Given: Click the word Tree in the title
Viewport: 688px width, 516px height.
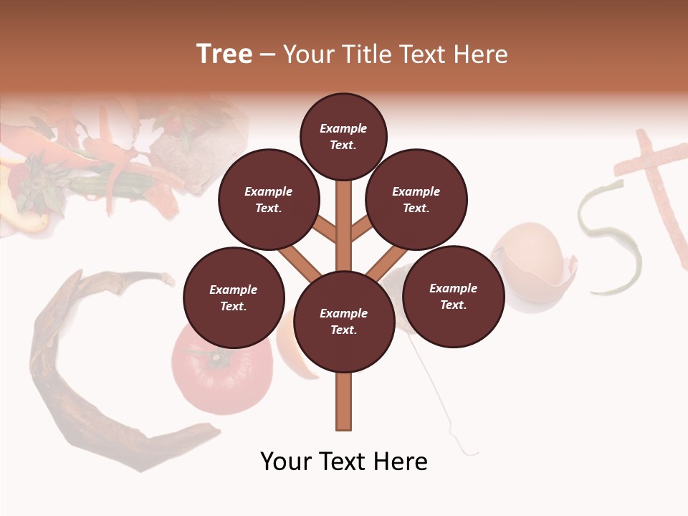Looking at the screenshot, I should [x=224, y=54].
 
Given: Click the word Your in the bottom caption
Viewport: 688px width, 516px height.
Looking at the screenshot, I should [x=287, y=462].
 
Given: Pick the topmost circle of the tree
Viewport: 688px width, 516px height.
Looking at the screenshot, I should [x=343, y=136].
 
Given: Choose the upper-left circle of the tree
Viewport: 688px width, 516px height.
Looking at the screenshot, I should [x=268, y=199].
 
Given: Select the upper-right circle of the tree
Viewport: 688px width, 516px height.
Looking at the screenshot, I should [x=416, y=199].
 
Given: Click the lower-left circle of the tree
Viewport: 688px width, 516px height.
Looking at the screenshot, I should [x=234, y=297].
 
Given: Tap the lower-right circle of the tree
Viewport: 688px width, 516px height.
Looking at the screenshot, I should [x=453, y=296].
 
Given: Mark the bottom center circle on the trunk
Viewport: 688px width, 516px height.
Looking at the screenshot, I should [x=344, y=322].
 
